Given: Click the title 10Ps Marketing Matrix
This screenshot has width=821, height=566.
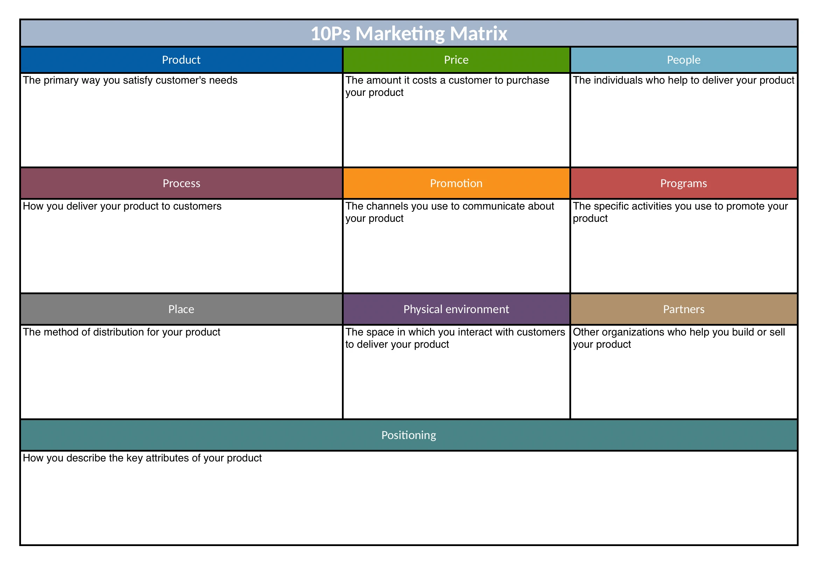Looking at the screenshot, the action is [x=409, y=33].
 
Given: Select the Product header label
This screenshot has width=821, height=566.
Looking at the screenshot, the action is [x=181, y=60].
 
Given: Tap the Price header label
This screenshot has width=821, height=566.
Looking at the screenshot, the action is [x=456, y=60].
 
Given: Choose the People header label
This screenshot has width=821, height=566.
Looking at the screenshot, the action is [x=683, y=60].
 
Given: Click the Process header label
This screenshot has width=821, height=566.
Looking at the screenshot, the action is [x=181, y=183].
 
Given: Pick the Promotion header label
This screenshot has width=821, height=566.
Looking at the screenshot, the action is [x=456, y=183].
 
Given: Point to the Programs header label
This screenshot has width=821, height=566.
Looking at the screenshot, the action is [x=683, y=183].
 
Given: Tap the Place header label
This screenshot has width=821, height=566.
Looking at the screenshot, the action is [x=181, y=309].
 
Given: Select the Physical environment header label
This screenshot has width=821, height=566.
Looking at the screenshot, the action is [x=456, y=309].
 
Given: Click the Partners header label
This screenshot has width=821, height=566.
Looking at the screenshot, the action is [x=683, y=309].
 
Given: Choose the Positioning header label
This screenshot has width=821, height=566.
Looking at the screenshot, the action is [x=409, y=435].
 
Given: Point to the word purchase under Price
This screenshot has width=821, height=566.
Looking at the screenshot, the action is [x=528, y=80].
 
